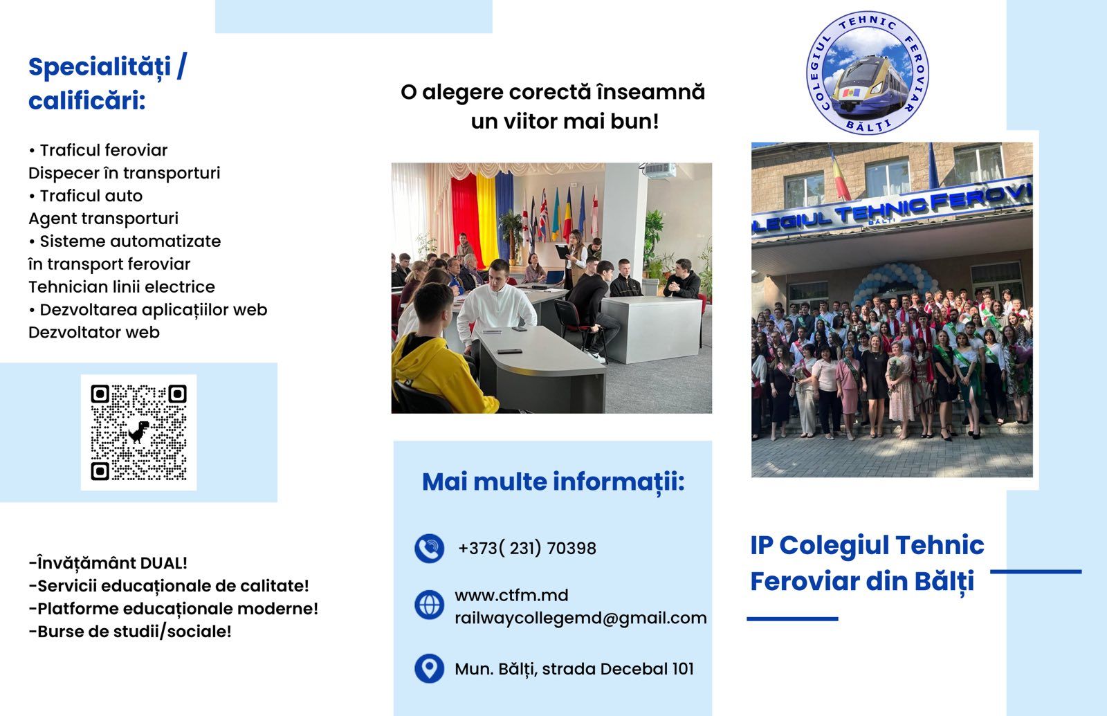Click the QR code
pos(139,432)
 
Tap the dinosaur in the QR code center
pos(139,432)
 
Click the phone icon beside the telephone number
pos(429,549)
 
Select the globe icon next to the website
pos(429,605)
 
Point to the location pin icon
pos(429,668)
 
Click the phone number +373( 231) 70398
pos(527,549)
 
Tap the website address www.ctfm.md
pos(511,596)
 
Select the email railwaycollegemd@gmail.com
pos(580,618)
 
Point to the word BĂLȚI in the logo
pos(868,125)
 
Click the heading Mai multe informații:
pos(553,481)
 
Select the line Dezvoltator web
pos(94,333)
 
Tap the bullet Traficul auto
pos(86,196)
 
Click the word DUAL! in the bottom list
pos(163,563)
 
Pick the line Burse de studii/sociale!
pos(130,632)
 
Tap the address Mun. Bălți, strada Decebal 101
pos(574,669)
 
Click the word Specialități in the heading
pos(100,68)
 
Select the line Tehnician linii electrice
pos(122,287)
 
